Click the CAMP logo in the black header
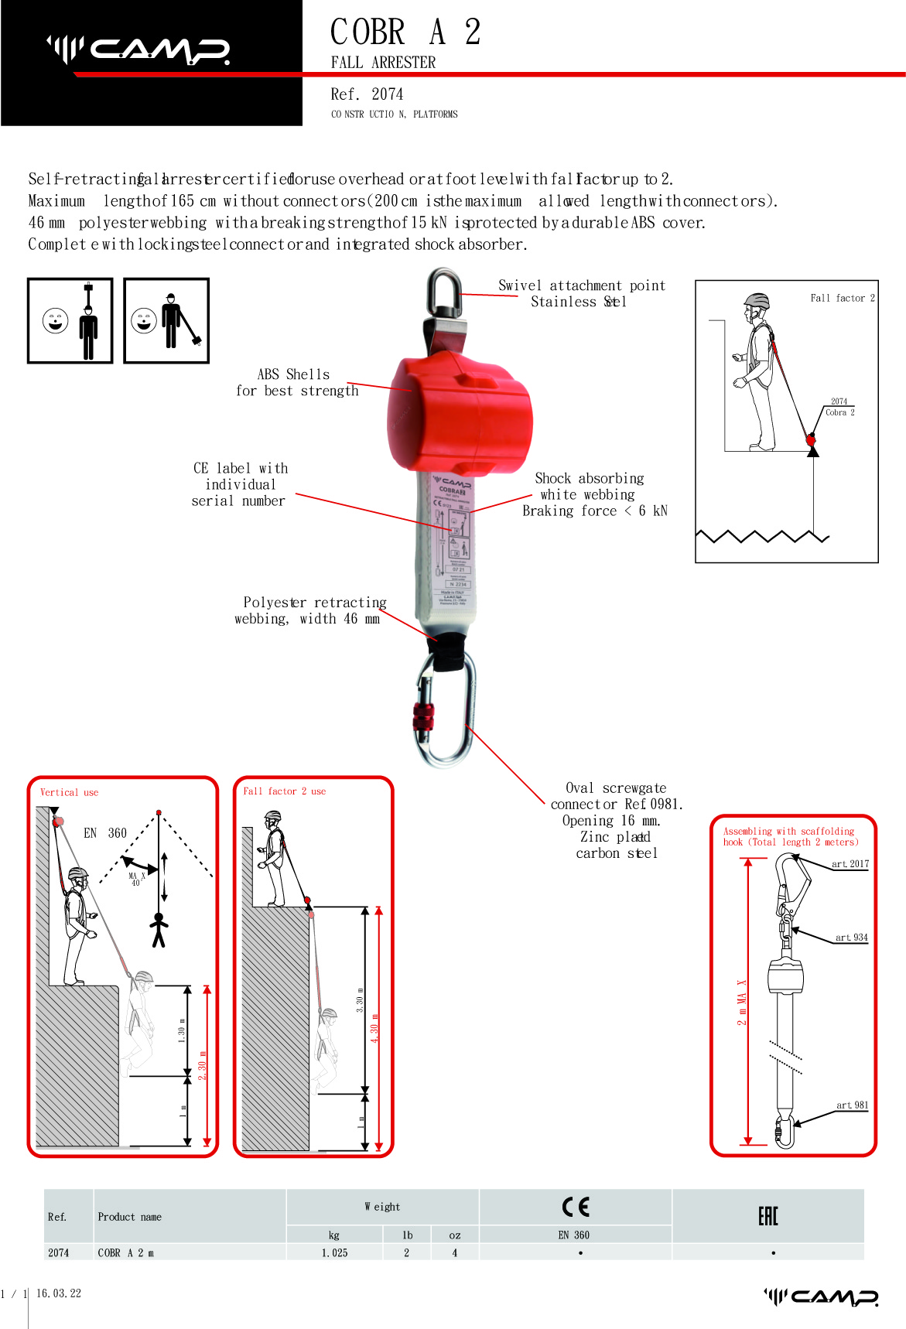138,50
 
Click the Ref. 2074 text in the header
367,94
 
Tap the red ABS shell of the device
460,414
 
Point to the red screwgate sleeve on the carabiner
423,719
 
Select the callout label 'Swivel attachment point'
581,285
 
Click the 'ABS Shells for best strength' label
297,383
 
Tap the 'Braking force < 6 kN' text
594,511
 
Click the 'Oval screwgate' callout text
615,788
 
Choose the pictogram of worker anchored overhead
70,320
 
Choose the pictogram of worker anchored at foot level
166,320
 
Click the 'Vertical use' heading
69,792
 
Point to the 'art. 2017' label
850,864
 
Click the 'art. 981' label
852,1105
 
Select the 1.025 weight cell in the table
334,1253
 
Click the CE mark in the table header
576,1207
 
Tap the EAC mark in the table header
768,1216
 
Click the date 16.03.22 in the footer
59,1293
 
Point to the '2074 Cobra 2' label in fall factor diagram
839,407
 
